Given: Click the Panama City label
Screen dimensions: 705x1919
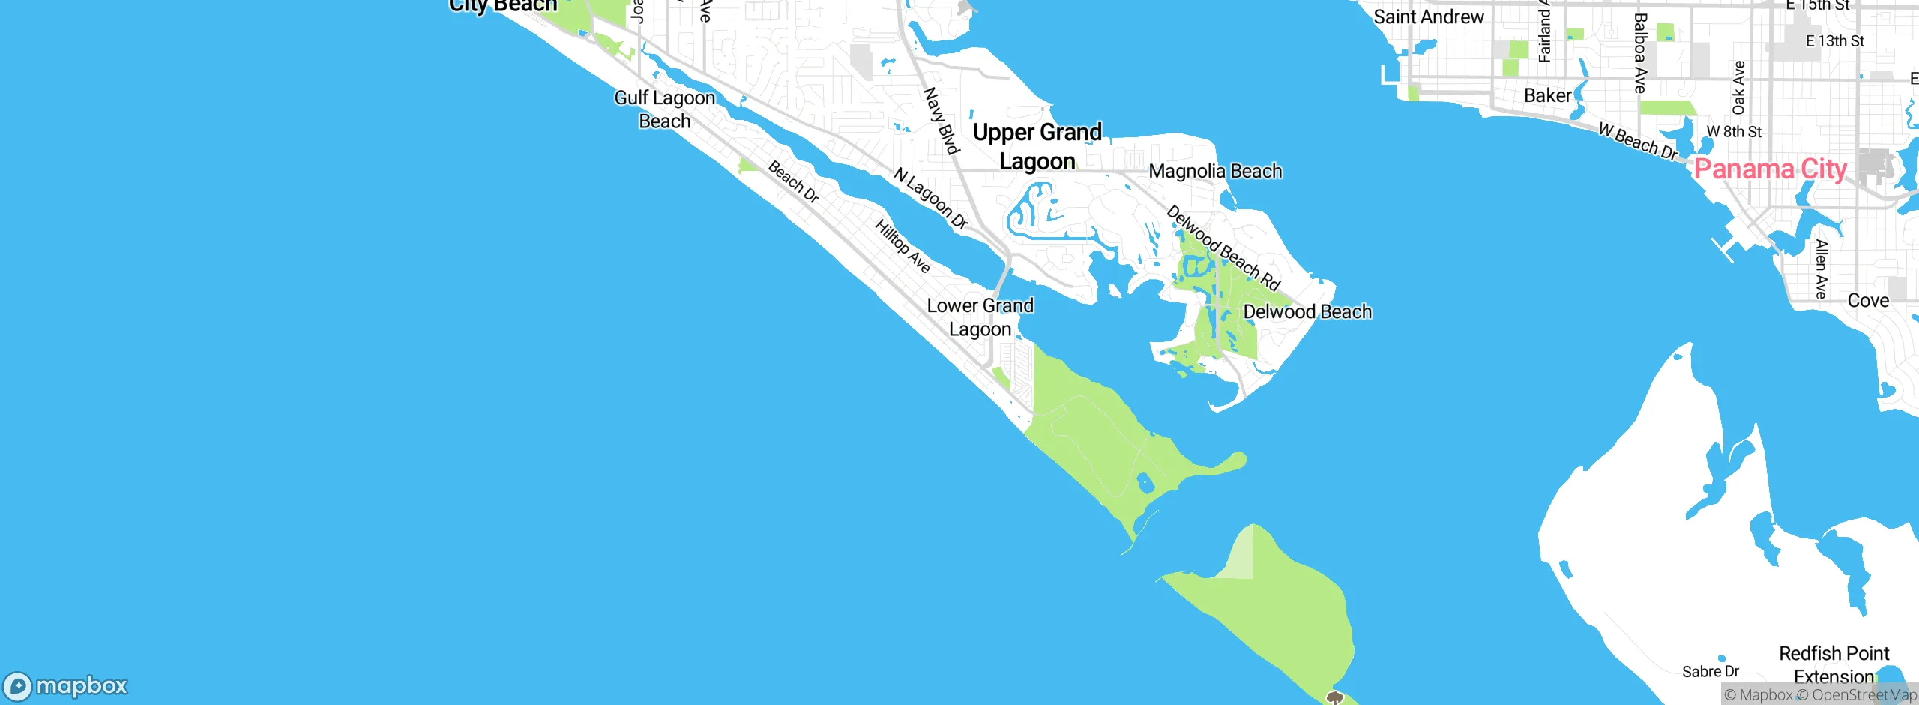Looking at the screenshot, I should tap(1770, 169).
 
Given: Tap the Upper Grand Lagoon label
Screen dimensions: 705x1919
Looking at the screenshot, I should tap(1037, 147).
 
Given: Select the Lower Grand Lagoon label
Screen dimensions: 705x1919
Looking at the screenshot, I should tap(980, 317).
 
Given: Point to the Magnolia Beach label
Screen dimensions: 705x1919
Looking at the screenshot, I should tap(1215, 172).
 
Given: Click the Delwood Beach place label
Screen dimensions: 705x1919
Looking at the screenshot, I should tap(1307, 312).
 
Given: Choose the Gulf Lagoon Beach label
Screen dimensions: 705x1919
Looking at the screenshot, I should tap(665, 109).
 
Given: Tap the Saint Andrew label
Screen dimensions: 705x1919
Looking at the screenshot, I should tap(1428, 17).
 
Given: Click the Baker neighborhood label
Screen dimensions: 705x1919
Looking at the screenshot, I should tap(1547, 96).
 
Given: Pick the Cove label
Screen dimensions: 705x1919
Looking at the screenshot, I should tap(1868, 301).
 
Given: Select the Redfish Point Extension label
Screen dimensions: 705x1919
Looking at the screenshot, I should tap(1834, 664).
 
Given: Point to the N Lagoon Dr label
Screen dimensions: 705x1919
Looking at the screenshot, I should tap(931, 199).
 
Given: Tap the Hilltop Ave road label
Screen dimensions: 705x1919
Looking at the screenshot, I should tap(903, 246).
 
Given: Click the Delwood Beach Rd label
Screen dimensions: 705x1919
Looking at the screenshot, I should tap(1223, 248).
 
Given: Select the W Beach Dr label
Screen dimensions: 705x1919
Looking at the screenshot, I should tap(1637, 142).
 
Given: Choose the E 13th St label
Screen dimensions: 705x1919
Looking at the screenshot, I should tap(1834, 41).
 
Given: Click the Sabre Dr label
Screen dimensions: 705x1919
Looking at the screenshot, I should tap(1710, 672).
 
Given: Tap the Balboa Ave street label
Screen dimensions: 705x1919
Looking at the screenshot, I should tap(1640, 53).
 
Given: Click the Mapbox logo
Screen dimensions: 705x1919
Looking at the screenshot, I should tap(66, 686).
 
